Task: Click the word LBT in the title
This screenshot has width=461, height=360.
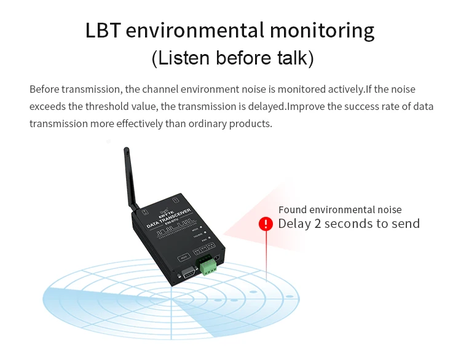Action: [106, 31]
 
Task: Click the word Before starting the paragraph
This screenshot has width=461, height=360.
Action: [45, 89]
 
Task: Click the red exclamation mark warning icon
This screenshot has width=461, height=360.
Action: [266, 224]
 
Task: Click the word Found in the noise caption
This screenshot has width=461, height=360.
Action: [293, 210]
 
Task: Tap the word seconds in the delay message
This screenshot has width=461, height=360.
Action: [350, 224]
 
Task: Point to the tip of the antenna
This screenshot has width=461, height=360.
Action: [125, 149]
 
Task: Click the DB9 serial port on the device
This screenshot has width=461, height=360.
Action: [186, 273]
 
